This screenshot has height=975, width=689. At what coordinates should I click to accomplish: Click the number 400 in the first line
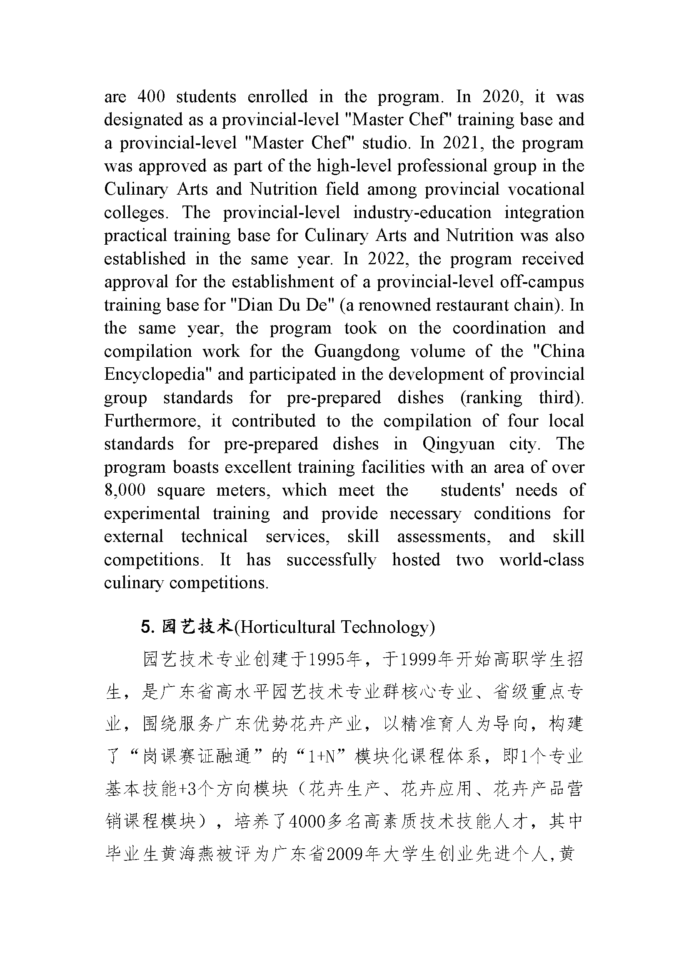[x=151, y=97]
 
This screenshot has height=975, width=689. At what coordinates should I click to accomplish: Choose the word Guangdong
[x=357, y=351]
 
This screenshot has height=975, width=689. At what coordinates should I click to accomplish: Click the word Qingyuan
[x=458, y=444]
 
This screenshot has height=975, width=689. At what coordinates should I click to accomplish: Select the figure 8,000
[x=125, y=490]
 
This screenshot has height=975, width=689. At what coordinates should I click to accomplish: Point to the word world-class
[x=542, y=560]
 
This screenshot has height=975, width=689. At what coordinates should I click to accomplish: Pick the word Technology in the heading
[x=385, y=627]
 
